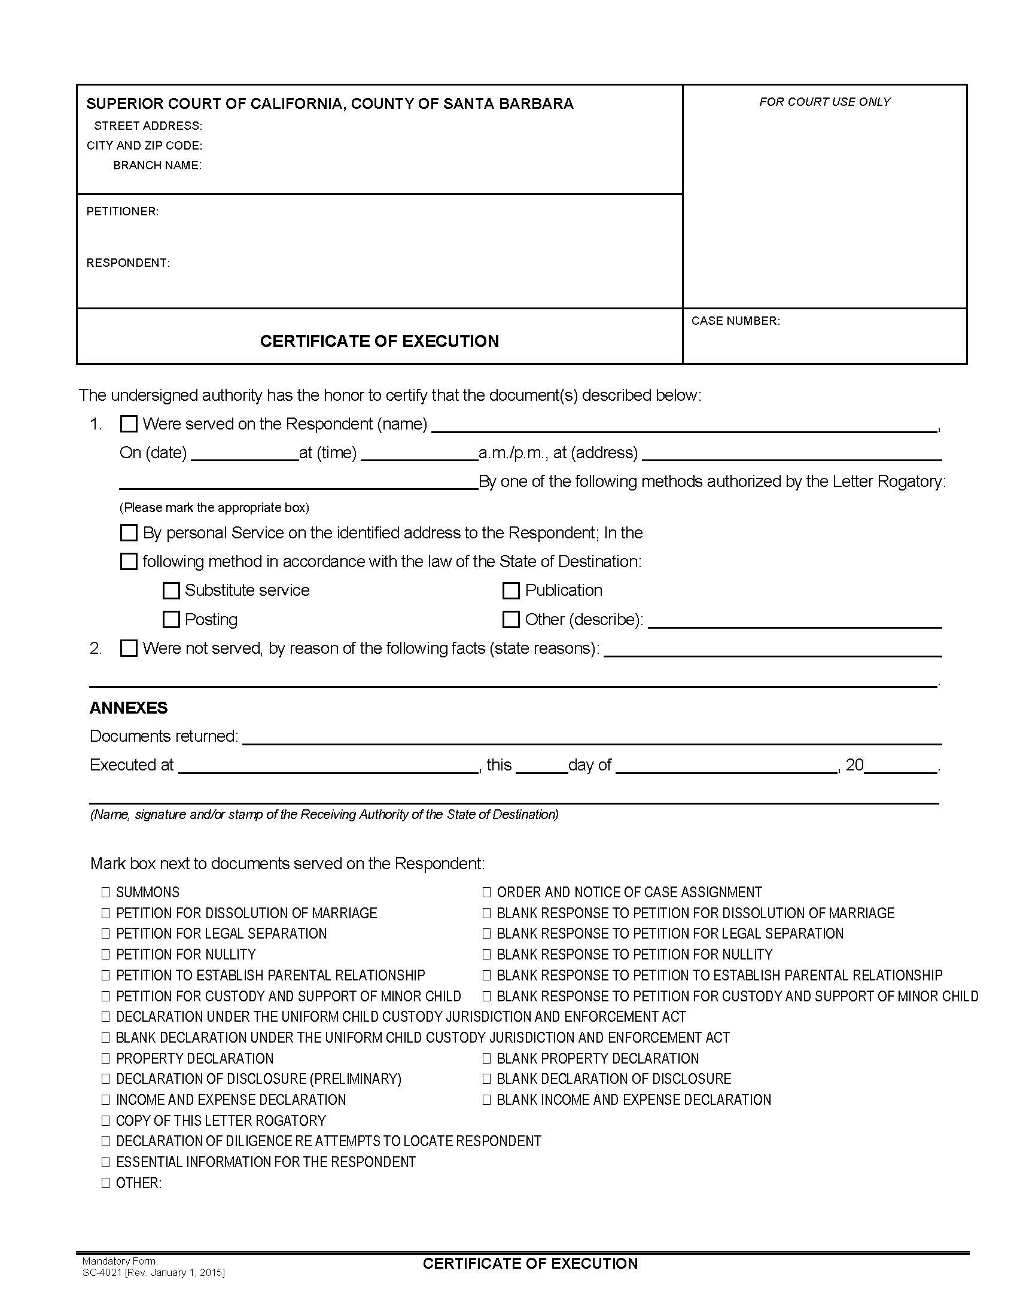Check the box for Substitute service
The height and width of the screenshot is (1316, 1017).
coord(171,590)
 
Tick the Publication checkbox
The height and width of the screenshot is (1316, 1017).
coord(511,590)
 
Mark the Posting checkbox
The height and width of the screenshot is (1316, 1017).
coord(171,620)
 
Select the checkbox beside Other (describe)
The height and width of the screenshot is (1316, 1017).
coord(511,620)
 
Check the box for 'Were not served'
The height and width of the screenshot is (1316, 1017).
coord(129,648)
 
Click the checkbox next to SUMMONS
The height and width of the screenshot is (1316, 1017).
coord(105,892)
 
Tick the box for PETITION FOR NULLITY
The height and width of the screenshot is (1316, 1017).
coord(105,955)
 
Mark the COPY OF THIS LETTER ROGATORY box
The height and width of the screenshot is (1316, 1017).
coord(105,1121)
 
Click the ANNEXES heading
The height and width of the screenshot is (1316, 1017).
coord(129,708)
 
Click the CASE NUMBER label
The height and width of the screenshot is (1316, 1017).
coord(735,321)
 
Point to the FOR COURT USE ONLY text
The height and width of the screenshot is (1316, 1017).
coord(824,102)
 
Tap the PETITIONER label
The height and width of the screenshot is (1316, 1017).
coord(122,212)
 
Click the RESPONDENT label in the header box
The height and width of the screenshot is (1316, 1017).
coord(128,263)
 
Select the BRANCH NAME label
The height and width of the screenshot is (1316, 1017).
coord(157,165)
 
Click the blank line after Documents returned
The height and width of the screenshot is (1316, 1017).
coord(590,739)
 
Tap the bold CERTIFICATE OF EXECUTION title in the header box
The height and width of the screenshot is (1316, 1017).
coord(379,341)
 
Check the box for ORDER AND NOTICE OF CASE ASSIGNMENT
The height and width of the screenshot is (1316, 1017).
coord(486,892)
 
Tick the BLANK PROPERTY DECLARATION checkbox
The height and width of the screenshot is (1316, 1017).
coord(486,1059)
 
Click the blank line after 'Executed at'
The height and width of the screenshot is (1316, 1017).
coord(328,767)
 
